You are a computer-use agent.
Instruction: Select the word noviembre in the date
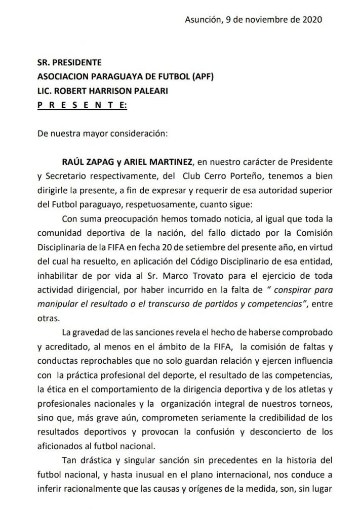tap(259, 20)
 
